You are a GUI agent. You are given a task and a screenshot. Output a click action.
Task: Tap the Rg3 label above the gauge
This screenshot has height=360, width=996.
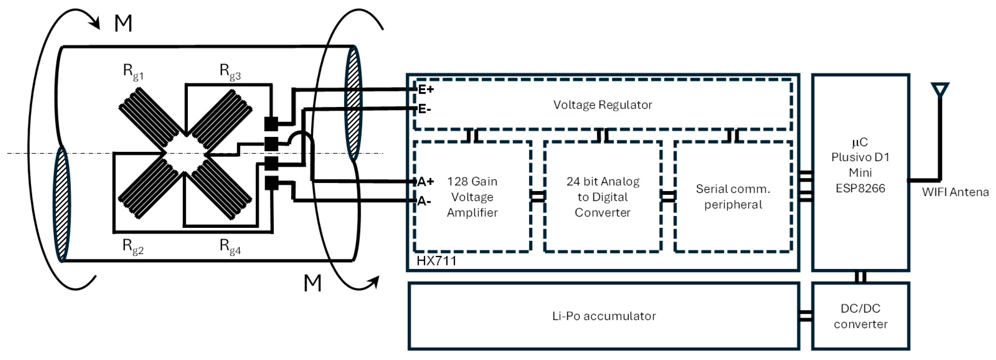[230, 72]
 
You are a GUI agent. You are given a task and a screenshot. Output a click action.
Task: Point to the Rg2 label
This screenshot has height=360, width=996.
[133, 246]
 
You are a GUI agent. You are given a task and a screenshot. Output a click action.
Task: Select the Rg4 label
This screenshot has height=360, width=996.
[230, 246]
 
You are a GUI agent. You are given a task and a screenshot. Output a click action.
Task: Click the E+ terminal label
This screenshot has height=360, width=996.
[426, 89]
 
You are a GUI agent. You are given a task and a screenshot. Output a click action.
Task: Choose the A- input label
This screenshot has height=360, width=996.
[424, 201]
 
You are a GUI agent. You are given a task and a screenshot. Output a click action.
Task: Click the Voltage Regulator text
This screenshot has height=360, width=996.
[602, 105]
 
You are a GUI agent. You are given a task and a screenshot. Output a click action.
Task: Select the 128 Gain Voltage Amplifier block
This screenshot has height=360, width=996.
[472, 197]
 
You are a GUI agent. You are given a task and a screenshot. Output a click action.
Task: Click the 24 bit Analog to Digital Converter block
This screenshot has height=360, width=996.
[602, 197]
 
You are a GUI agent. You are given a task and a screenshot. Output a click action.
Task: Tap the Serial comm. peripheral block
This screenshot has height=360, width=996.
[733, 197]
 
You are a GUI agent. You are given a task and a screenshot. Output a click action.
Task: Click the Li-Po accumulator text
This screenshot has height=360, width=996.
[604, 316]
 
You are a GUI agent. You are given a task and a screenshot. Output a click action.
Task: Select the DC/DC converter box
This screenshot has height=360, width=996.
[860, 316]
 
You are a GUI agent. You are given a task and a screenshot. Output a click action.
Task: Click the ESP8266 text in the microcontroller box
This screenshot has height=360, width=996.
[860, 188]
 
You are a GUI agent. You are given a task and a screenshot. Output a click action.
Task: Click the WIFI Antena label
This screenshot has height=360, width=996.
[955, 192]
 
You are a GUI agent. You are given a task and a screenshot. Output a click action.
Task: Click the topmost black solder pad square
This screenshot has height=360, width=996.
[271, 124]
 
